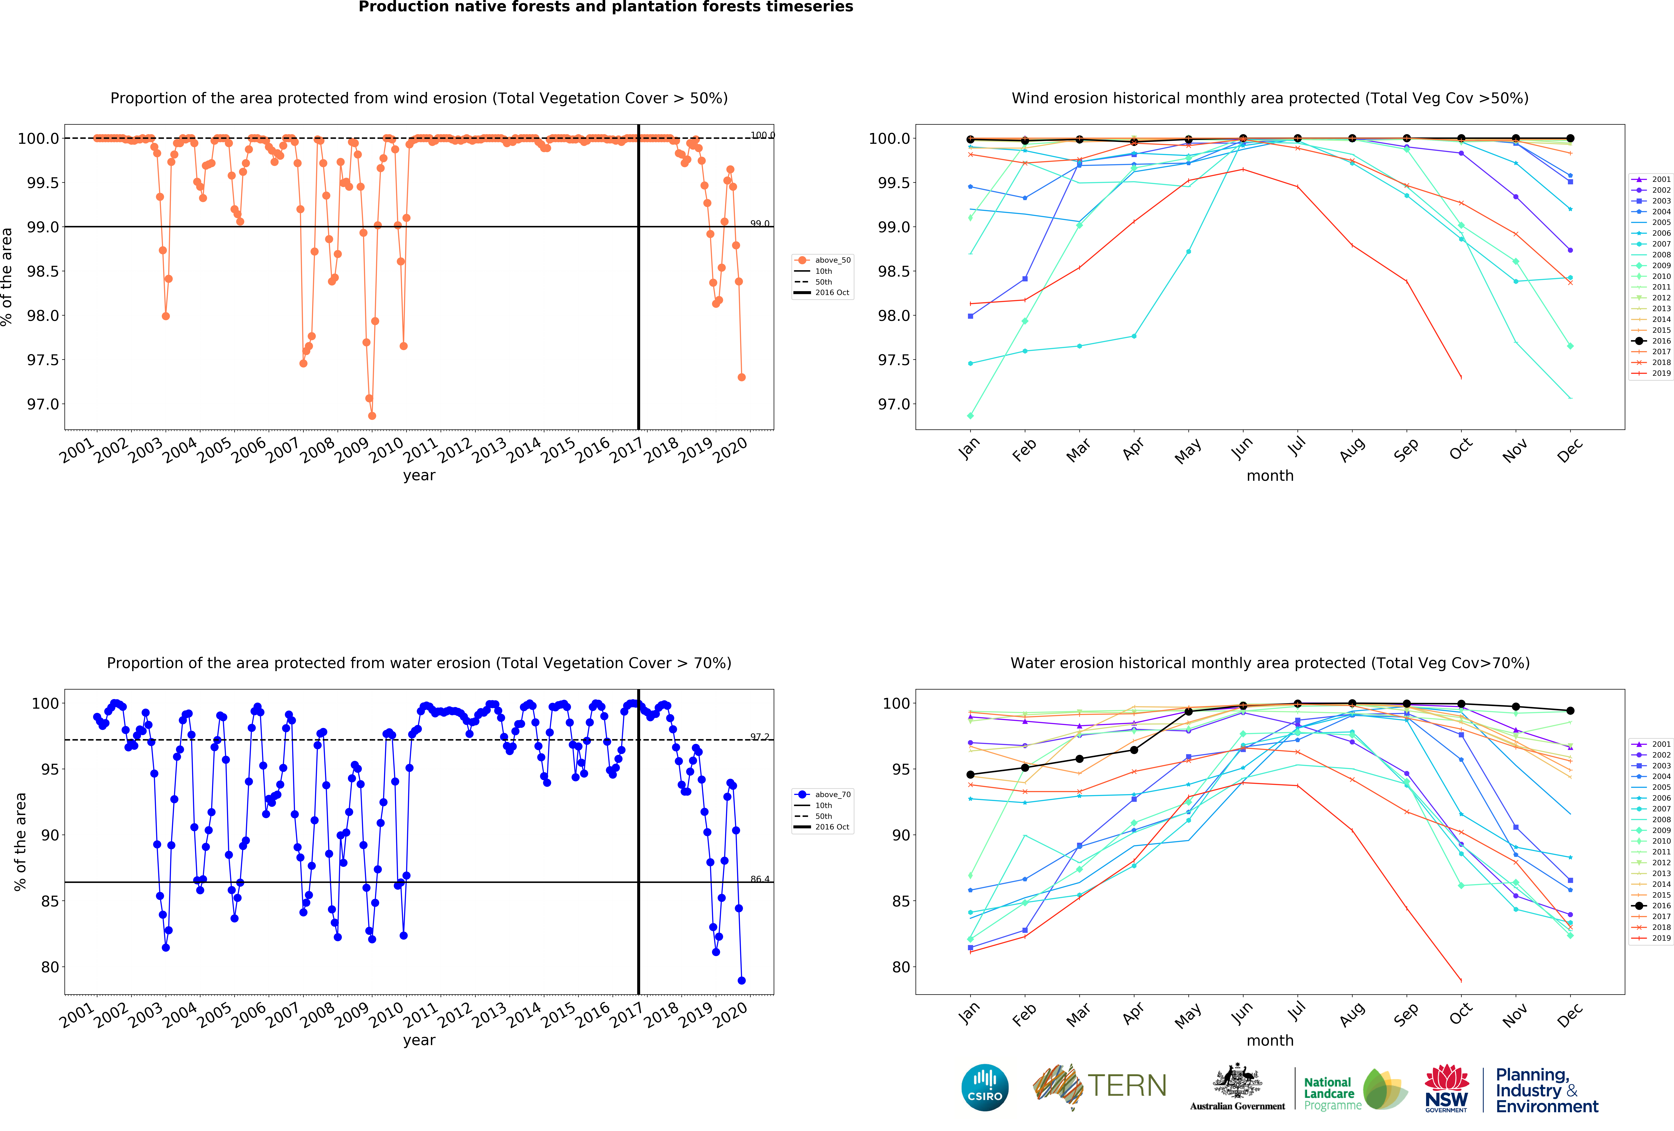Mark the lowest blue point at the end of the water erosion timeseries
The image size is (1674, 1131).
click(x=741, y=980)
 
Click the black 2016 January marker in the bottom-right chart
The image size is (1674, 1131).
click(x=970, y=774)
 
